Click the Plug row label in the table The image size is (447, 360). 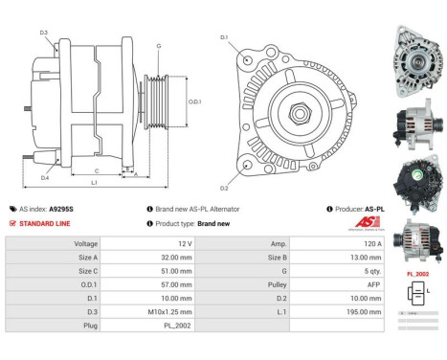tap(91, 326)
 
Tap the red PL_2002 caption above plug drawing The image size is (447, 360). tap(417, 274)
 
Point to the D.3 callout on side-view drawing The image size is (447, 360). tap(44, 34)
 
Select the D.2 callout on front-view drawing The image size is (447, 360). tap(225, 188)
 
